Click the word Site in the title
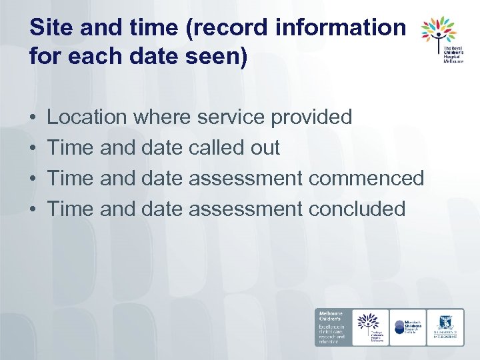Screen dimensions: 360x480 pyautogui.click(x=49, y=28)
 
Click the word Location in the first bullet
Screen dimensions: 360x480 pyautogui.click(x=87, y=117)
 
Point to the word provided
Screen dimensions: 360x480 pyautogui.click(x=311, y=117)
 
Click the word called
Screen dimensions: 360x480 pyautogui.click(x=213, y=147)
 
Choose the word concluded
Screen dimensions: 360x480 pyautogui.click(x=357, y=209)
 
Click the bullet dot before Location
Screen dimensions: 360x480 pyautogui.click(x=33, y=118)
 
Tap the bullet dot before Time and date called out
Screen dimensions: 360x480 pyautogui.click(x=33, y=148)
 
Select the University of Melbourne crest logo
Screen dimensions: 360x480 pyautogui.click(x=445, y=327)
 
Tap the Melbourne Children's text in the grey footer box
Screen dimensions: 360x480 pyautogui.click(x=331, y=317)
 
